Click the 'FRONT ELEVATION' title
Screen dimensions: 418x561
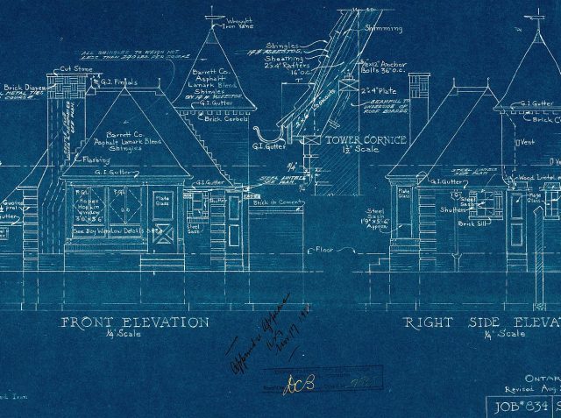[x=134, y=322]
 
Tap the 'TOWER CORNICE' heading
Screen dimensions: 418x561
[x=362, y=139]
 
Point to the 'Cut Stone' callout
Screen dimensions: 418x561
[x=77, y=69]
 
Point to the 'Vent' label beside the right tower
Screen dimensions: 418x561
[x=526, y=141]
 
